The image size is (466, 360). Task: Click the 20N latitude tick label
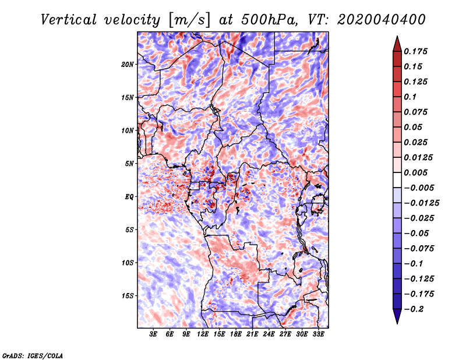(128, 65)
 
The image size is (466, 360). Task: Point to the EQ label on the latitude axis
(129, 197)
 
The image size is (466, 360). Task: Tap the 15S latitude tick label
(128, 296)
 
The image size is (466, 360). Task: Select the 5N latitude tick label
(129, 164)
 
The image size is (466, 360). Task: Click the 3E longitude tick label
(153, 334)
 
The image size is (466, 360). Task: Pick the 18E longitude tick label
(236, 334)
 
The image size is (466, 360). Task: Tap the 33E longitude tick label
(318, 334)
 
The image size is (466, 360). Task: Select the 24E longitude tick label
(269, 334)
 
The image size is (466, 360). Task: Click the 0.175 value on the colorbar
(415, 51)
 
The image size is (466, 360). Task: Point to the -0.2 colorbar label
(414, 309)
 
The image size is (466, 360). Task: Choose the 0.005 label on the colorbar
(415, 172)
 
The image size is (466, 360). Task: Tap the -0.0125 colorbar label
(421, 203)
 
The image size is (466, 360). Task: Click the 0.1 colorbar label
(410, 97)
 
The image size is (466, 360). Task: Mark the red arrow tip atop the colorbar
(397, 37)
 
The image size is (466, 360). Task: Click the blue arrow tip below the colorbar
(397, 323)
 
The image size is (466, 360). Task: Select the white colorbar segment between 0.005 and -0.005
(397, 180)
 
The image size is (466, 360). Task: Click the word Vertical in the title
(69, 20)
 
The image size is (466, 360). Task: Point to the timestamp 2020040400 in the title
(381, 20)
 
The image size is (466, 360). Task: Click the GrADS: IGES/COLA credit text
(33, 356)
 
